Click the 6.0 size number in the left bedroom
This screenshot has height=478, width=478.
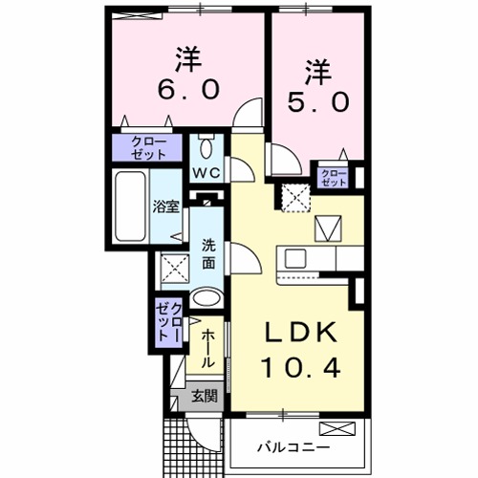189,89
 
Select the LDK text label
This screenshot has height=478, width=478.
299,333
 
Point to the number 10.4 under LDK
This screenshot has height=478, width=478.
300,366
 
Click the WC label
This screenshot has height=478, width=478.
207,172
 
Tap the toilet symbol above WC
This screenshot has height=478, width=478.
207,148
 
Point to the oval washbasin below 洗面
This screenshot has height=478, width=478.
206,298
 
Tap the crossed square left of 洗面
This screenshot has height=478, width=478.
173,269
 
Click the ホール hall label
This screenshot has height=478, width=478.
207,348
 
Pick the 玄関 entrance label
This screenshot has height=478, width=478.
203,397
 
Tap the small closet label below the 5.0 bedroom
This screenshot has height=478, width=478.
332,176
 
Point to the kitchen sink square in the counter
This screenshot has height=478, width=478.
293,259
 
